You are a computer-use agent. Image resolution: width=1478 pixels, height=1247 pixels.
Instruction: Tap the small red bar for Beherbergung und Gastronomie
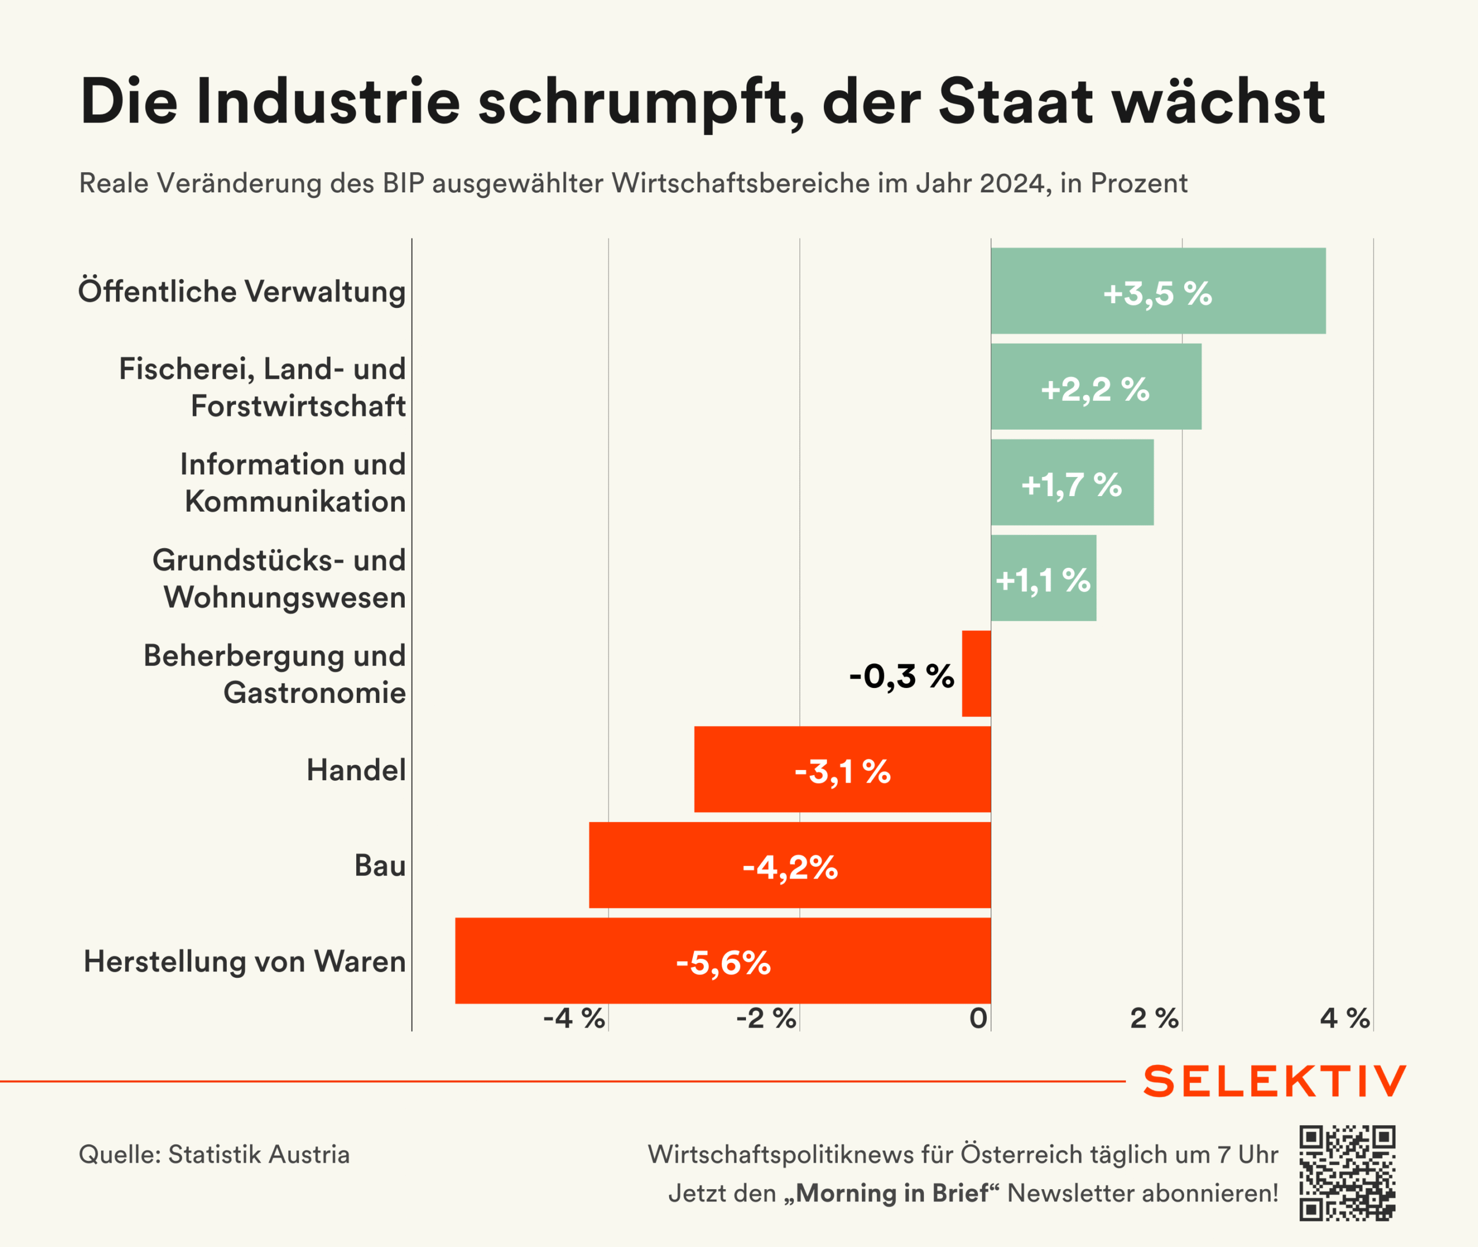point(976,673)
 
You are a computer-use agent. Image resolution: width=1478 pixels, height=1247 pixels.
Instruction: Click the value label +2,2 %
point(1095,389)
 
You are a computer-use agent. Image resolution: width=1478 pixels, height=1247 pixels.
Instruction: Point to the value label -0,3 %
point(901,676)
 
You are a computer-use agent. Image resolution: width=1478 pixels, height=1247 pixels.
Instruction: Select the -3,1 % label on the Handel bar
point(842,771)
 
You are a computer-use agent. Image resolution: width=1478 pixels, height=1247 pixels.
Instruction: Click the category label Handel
point(356,770)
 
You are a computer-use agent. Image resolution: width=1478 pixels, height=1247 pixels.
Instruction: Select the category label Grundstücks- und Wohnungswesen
point(279,578)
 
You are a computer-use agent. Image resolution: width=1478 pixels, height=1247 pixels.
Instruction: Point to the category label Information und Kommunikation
point(293,483)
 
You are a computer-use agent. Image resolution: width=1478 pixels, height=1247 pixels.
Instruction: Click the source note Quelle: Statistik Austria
point(214,1155)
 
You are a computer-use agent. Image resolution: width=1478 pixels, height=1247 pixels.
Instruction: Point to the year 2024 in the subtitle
point(1011,184)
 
